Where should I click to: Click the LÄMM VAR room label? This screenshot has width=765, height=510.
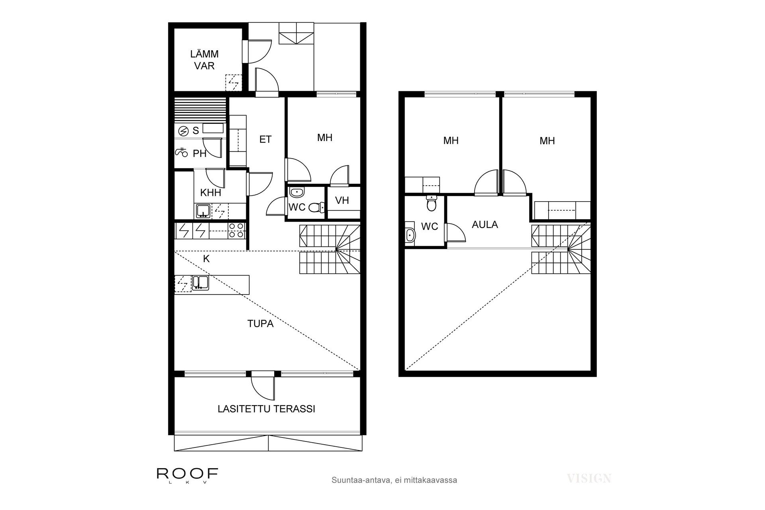point(204,60)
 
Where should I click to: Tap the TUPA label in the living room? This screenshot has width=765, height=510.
point(260,324)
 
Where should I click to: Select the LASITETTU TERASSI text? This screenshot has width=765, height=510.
point(266,409)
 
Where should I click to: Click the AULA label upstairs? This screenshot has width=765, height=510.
point(484,224)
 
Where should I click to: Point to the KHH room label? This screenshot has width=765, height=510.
point(210,193)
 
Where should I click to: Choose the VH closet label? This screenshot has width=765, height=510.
point(342,200)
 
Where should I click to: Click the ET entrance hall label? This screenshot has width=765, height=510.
point(265,139)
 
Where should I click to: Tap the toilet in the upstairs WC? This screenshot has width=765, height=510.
point(431,204)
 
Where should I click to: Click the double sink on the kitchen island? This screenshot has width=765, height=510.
point(200,282)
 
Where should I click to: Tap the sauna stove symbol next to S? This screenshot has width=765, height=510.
point(183,131)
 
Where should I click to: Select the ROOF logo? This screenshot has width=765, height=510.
point(187,475)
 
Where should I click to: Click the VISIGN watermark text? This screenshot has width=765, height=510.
point(589,479)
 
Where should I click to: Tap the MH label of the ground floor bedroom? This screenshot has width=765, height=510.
point(325,138)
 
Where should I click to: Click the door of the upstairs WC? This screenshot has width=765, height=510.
point(454,233)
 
